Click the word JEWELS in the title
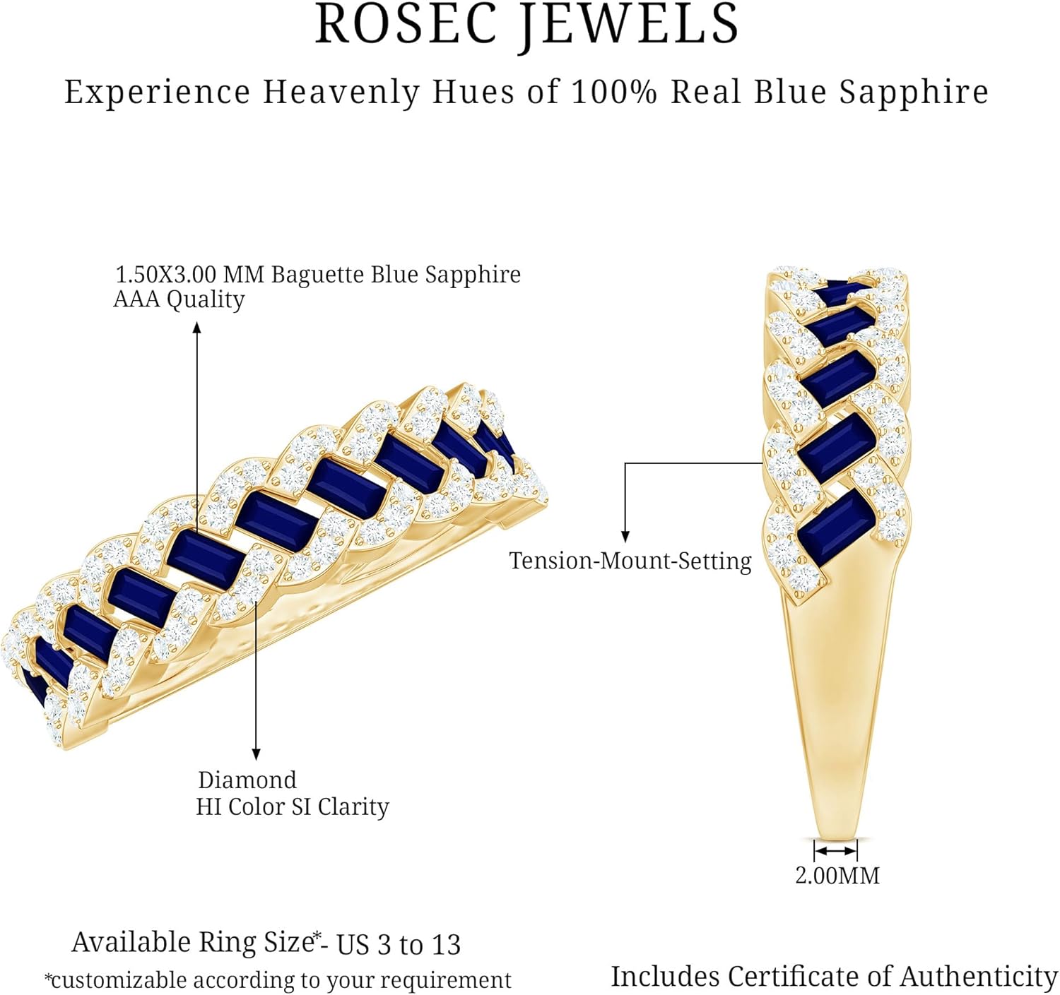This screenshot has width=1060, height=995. click(x=629, y=25)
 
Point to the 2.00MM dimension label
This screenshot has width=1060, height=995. click(x=837, y=876)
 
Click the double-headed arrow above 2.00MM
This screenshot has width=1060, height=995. click(x=836, y=850)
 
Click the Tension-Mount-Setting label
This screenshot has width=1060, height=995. click(x=630, y=561)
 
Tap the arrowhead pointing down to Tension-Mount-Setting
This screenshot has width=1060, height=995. click(x=625, y=537)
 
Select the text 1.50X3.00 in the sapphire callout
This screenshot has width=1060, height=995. click(x=165, y=275)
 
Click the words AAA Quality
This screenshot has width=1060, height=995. click(x=179, y=299)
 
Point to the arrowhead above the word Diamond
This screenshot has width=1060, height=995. click(x=257, y=754)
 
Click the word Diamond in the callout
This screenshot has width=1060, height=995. click(x=247, y=780)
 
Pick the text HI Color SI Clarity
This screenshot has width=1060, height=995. click(x=293, y=806)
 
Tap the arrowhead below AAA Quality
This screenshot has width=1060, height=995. click(x=197, y=328)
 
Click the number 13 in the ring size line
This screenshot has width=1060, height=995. click(x=446, y=945)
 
